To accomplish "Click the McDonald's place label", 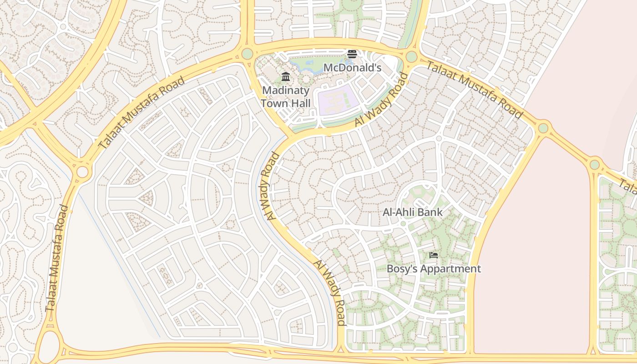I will pyautogui.click(x=352, y=68).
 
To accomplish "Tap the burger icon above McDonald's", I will pyautogui.click(x=352, y=54).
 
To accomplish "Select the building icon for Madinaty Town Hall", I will pyautogui.click(x=286, y=76).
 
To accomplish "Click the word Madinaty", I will pyautogui.click(x=286, y=90).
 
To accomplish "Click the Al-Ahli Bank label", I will pyautogui.click(x=412, y=212).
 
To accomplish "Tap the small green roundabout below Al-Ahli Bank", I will pyautogui.click(x=403, y=223).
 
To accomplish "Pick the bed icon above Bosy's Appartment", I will pyautogui.click(x=434, y=255).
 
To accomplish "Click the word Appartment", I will pyautogui.click(x=450, y=268).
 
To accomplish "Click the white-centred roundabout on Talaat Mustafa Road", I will pyautogui.click(x=82, y=172).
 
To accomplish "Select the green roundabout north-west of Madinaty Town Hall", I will pyautogui.click(x=247, y=54).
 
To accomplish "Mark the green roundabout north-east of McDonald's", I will pyautogui.click(x=411, y=57).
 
